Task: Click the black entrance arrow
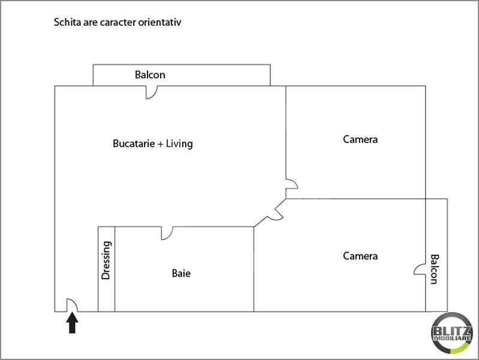click(x=72, y=324)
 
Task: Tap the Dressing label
click(x=106, y=260)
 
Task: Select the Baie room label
click(x=181, y=274)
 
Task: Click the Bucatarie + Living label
click(x=153, y=144)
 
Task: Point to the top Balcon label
click(x=149, y=75)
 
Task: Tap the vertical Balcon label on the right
click(x=435, y=268)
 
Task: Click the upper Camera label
click(x=360, y=139)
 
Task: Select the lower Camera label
click(x=360, y=256)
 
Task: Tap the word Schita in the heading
click(x=67, y=23)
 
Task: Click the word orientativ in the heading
click(x=158, y=23)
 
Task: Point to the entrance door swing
click(x=71, y=305)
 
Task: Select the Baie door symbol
click(x=167, y=233)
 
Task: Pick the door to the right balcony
click(x=420, y=270)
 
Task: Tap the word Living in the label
click(x=179, y=144)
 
